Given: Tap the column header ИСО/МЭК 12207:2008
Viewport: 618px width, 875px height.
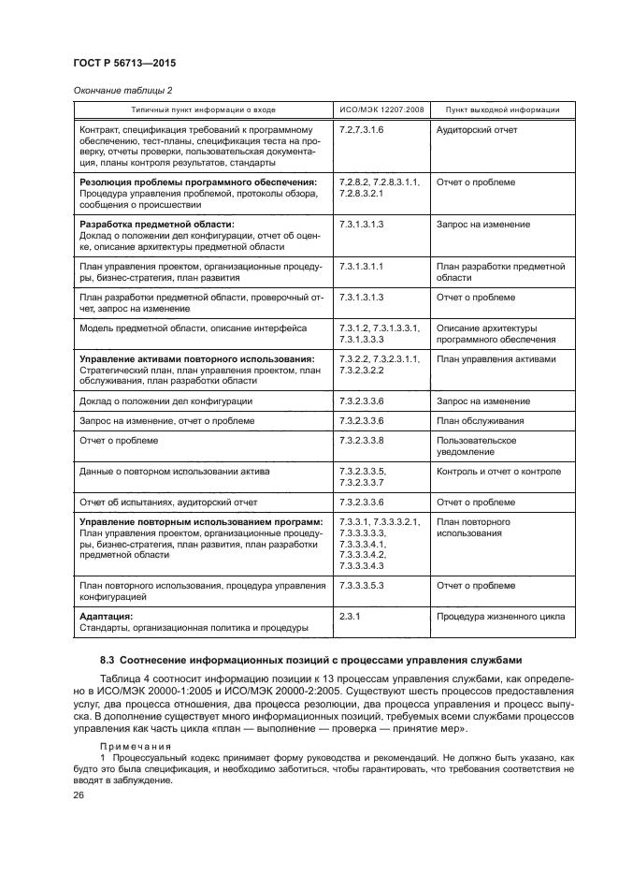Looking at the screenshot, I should pyautogui.click(x=381, y=109).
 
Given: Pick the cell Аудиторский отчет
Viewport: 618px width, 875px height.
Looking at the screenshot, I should pyautogui.click(x=476, y=130).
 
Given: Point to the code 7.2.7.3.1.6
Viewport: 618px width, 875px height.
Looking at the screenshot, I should pyautogui.click(x=363, y=130).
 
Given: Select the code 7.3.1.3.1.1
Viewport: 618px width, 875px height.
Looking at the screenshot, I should pyautogui.click(x=363, y=267).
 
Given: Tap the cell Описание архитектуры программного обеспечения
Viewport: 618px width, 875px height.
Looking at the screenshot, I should pyautogui.click(x=485, y=333).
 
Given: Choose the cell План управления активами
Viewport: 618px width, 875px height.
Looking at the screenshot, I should pyautogui.click(x=496, y=358).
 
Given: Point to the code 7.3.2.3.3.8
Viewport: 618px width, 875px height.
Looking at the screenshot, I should pyautogui.click(x=363, y=440).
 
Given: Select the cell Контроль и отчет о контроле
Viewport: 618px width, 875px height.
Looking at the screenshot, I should pyautogui.click(x=498, y=471).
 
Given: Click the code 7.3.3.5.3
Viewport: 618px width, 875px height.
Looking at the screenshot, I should pyautogui.click(x=363, y=585).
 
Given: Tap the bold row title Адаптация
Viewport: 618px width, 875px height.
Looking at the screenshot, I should pyautogui.click(x=106, y=617).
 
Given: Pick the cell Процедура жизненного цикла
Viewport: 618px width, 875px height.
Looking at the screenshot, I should pyautogui.click(x=499, y=617).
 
